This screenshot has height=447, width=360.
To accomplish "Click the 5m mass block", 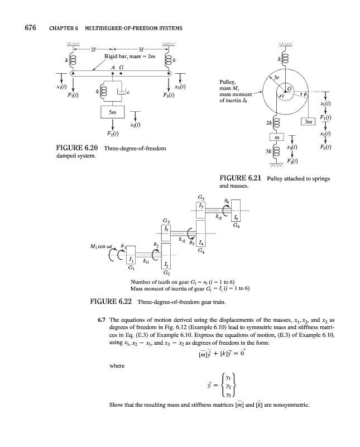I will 113,112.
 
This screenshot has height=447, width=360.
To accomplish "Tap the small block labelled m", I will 277,136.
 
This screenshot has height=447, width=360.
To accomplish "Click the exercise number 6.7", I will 103,320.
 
